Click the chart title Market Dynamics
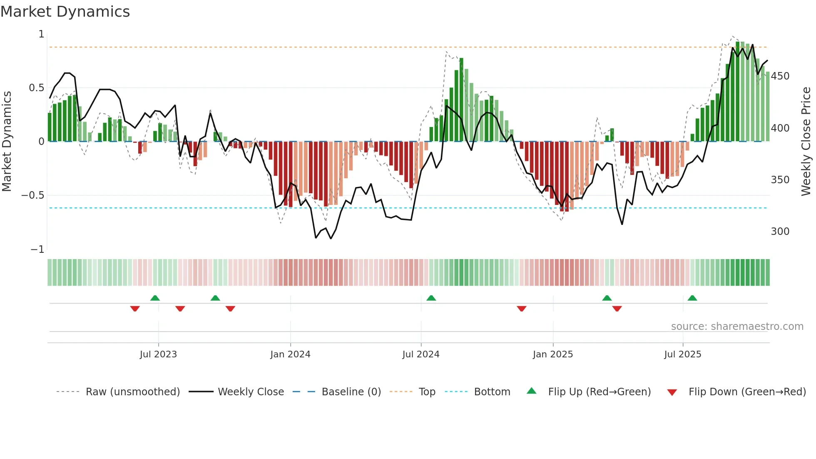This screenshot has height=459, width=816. point(65,12)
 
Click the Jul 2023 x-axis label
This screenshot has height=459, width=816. point(158,354)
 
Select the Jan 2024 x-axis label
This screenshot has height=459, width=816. point(290,354)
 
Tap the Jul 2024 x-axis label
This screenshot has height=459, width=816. point(421,354)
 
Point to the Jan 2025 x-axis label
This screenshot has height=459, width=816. point(553,354)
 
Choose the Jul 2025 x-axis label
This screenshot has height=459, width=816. point(683,354)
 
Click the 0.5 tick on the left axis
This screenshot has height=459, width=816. point(37,88)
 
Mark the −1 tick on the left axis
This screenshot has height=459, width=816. point(37,249)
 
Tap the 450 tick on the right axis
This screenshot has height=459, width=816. point(780,76)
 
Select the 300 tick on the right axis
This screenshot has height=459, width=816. point(780,232)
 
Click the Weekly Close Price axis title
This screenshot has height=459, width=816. point(806,142)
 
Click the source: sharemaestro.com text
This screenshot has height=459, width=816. point(737,327)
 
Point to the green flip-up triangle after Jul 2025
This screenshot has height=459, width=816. point(692,298)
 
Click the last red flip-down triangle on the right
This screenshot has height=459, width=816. point(617,309)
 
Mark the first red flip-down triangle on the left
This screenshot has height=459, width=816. point(135,309)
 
